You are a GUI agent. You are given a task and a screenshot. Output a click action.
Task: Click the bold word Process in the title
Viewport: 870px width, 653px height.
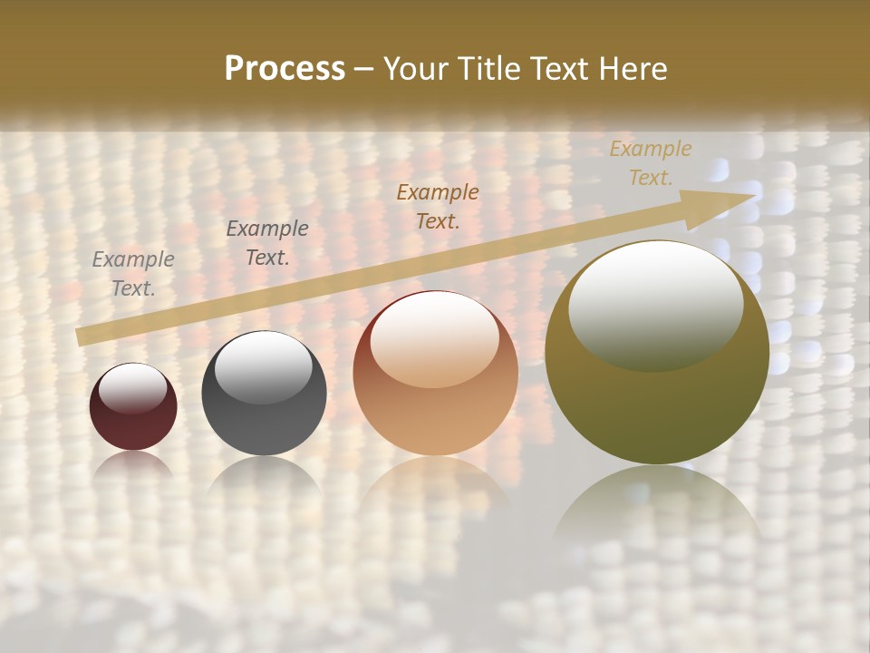click(285, 69)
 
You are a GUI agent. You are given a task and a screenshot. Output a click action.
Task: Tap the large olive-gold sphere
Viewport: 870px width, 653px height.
click(656, 399)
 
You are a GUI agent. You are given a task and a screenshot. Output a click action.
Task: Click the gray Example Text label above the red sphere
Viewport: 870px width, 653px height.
click(133, 274)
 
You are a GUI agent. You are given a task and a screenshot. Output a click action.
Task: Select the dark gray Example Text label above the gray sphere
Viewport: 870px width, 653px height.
click(267, 243)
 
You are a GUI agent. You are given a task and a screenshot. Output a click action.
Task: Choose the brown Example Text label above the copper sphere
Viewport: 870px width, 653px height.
click(438, 206)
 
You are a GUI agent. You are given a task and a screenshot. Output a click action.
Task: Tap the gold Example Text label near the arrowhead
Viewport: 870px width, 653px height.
click(651, 163)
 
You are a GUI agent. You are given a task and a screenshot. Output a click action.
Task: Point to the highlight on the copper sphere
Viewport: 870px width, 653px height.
click(434, 338)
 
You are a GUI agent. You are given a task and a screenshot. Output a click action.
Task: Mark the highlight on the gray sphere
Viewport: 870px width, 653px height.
click(263, 365)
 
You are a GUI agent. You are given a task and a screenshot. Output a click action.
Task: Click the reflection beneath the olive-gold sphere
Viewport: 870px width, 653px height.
click(657, 508)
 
